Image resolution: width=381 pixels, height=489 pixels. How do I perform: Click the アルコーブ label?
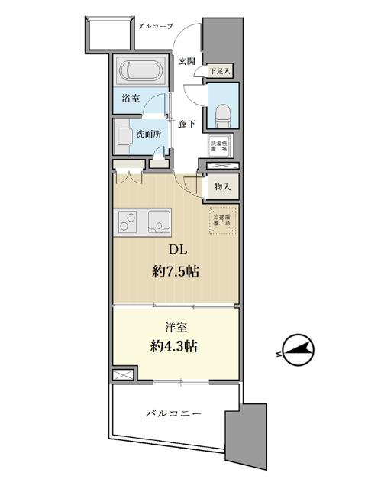[157, 27]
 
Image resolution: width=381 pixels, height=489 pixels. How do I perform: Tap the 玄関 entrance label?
[187, 60]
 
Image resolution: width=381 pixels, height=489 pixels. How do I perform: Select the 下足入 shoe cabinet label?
[220, 71]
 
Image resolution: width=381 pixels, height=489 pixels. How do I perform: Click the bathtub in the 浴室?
[139, 73]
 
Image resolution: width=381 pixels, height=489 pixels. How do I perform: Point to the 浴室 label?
[131, 99]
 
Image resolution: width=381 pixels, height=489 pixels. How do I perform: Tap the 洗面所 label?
[148, 134]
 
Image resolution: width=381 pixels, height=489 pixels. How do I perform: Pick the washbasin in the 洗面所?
[124, 138]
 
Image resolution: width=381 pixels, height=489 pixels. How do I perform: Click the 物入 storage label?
[222, 186]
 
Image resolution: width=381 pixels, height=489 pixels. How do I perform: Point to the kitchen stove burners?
[128, 222]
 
